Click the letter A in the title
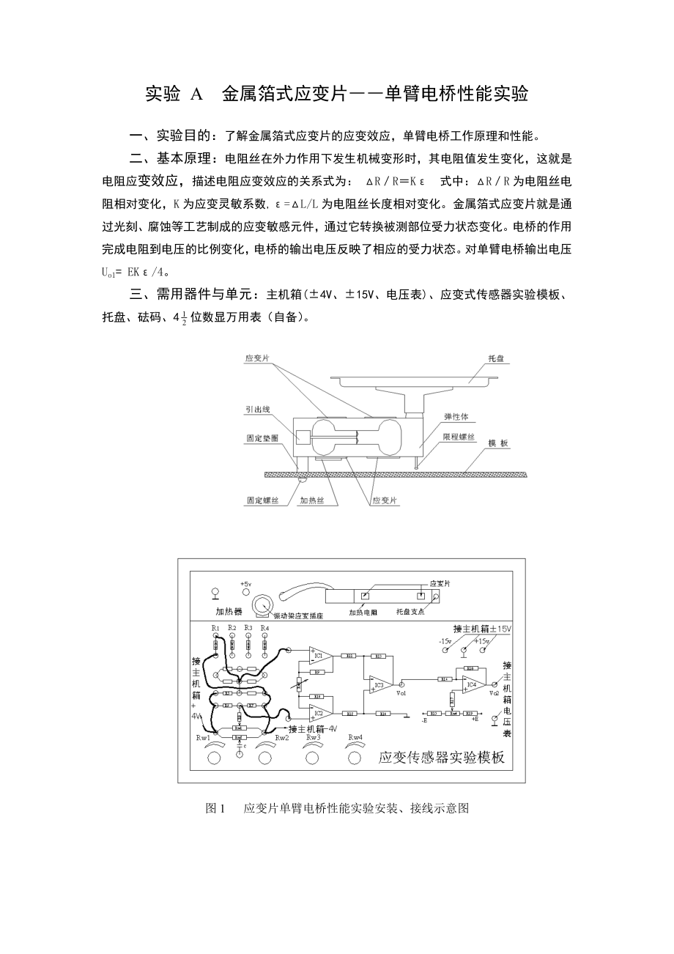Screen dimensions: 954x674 [195, 95]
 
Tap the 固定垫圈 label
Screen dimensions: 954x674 [260, 441]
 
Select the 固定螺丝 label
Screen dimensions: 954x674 [262, 501]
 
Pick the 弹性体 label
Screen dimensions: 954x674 [456, 416]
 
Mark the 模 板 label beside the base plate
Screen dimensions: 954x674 [499, 443]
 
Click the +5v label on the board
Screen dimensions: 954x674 [245, 584]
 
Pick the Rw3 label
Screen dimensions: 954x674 [314, 737]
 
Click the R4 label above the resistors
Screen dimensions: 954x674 [264, 628]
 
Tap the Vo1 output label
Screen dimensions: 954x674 [401, 692]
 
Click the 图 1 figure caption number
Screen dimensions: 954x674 [216, 809]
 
